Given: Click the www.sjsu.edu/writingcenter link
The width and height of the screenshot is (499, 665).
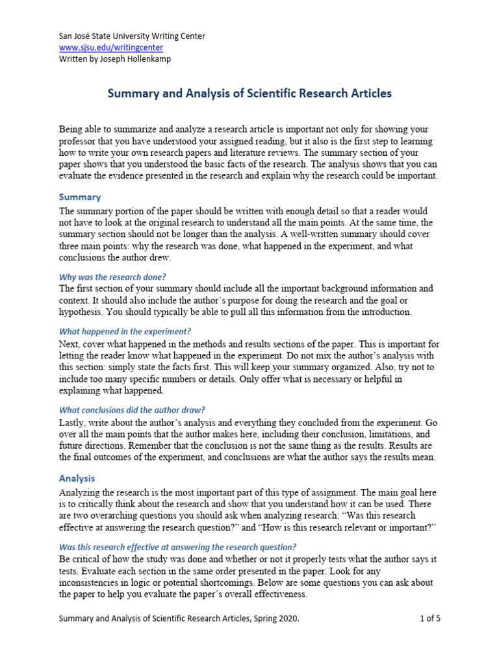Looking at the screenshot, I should (x=111, y=47).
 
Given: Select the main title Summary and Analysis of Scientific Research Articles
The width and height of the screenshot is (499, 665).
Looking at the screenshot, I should (x=249, y=94).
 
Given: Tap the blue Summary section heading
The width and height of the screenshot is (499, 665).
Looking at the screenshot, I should (x=80, y=197).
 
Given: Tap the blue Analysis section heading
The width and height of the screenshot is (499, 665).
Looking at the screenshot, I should (x=77, y=478).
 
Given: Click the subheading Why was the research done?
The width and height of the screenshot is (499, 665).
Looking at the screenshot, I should (x=112, y=276).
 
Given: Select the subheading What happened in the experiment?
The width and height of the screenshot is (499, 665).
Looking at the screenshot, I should (x=125, y=331).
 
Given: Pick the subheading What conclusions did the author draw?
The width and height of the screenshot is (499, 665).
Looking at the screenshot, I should (x=132, y=410).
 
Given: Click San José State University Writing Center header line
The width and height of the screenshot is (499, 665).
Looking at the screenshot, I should (x=132, y=36).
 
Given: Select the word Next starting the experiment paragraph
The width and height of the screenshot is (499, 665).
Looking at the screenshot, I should (x=70, y=344).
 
